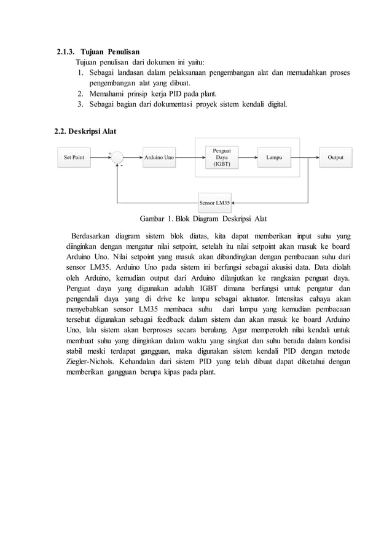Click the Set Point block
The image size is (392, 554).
coord(74,157)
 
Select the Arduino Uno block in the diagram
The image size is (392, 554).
coord(159,157)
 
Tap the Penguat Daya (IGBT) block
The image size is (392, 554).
coord(221,157)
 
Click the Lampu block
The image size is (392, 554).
coord(274,157)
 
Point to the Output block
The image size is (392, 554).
coord(335,157)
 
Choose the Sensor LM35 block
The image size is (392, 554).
coord(214,201)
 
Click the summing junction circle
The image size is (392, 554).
coord(117,157)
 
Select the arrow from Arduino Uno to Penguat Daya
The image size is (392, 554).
coord(190,157)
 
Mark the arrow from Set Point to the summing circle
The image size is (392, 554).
coord(101,157)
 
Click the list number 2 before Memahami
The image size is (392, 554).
coord(80,93)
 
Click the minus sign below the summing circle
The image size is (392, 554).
coord(122,166)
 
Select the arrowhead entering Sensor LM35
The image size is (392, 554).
coord(235,201)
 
